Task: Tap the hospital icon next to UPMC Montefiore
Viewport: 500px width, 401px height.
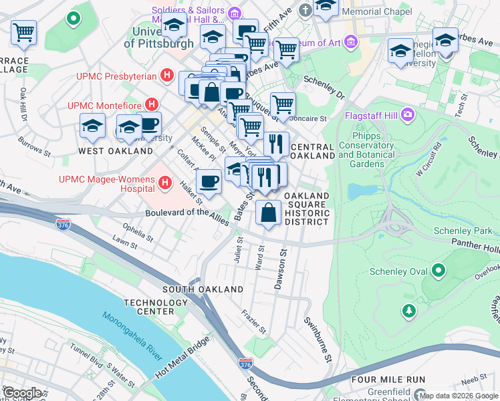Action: [152, 105]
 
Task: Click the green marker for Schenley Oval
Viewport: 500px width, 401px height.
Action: [439, 271]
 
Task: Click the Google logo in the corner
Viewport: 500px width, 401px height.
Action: [21, 393]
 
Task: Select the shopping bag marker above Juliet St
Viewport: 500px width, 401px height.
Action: [268, 213]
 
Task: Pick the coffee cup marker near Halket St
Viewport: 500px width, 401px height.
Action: [209, 182]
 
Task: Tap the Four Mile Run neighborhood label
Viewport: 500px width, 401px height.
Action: [388, 380]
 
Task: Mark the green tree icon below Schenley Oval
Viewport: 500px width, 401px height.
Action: [408, 311]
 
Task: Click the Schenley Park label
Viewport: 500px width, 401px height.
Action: [463, 231]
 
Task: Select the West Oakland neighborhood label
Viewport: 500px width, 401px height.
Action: [116, 151]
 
